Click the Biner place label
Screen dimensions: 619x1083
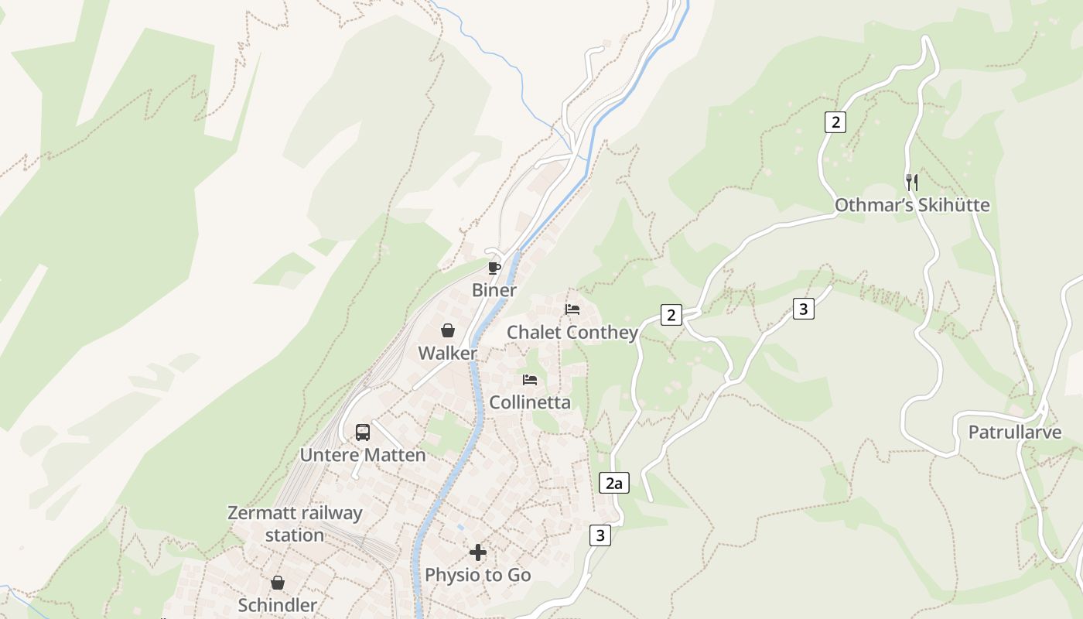pos(494,290)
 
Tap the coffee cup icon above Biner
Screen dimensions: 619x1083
pos(494,268)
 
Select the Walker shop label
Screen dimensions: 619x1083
pos(447,353)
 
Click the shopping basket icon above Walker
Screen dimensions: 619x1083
pos(447,331)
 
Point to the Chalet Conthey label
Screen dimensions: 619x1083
pos(572,332)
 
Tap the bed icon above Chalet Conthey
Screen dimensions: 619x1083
pos(572,309)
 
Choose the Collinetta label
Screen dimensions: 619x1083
pos(530,402)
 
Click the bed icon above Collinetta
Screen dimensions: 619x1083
pos(530,380)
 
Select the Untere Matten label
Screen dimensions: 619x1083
pos(363,455)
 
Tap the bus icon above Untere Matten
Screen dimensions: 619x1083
pos(363,433)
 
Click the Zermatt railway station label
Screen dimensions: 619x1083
pos(295,524)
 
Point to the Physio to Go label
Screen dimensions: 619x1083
pos(478,575)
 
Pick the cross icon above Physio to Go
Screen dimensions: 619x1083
pos(478,552)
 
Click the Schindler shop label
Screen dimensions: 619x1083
pos(277,605)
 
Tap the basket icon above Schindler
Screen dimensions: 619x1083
pos(277,583)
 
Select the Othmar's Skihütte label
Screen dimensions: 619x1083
pos(912,205)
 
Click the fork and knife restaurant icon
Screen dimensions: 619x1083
pos(912,183)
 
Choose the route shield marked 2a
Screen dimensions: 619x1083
pos(614,484)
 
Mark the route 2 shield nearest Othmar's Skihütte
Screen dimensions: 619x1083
pos(835,122)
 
